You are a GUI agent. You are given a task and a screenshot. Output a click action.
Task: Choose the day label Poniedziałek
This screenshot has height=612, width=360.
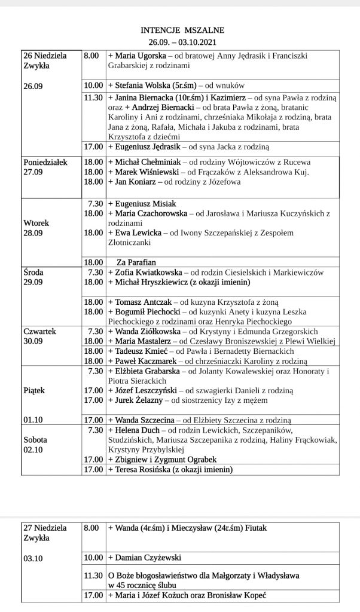coord(45,162)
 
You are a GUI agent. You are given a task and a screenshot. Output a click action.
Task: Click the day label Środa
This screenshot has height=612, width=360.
coord(35,272)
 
